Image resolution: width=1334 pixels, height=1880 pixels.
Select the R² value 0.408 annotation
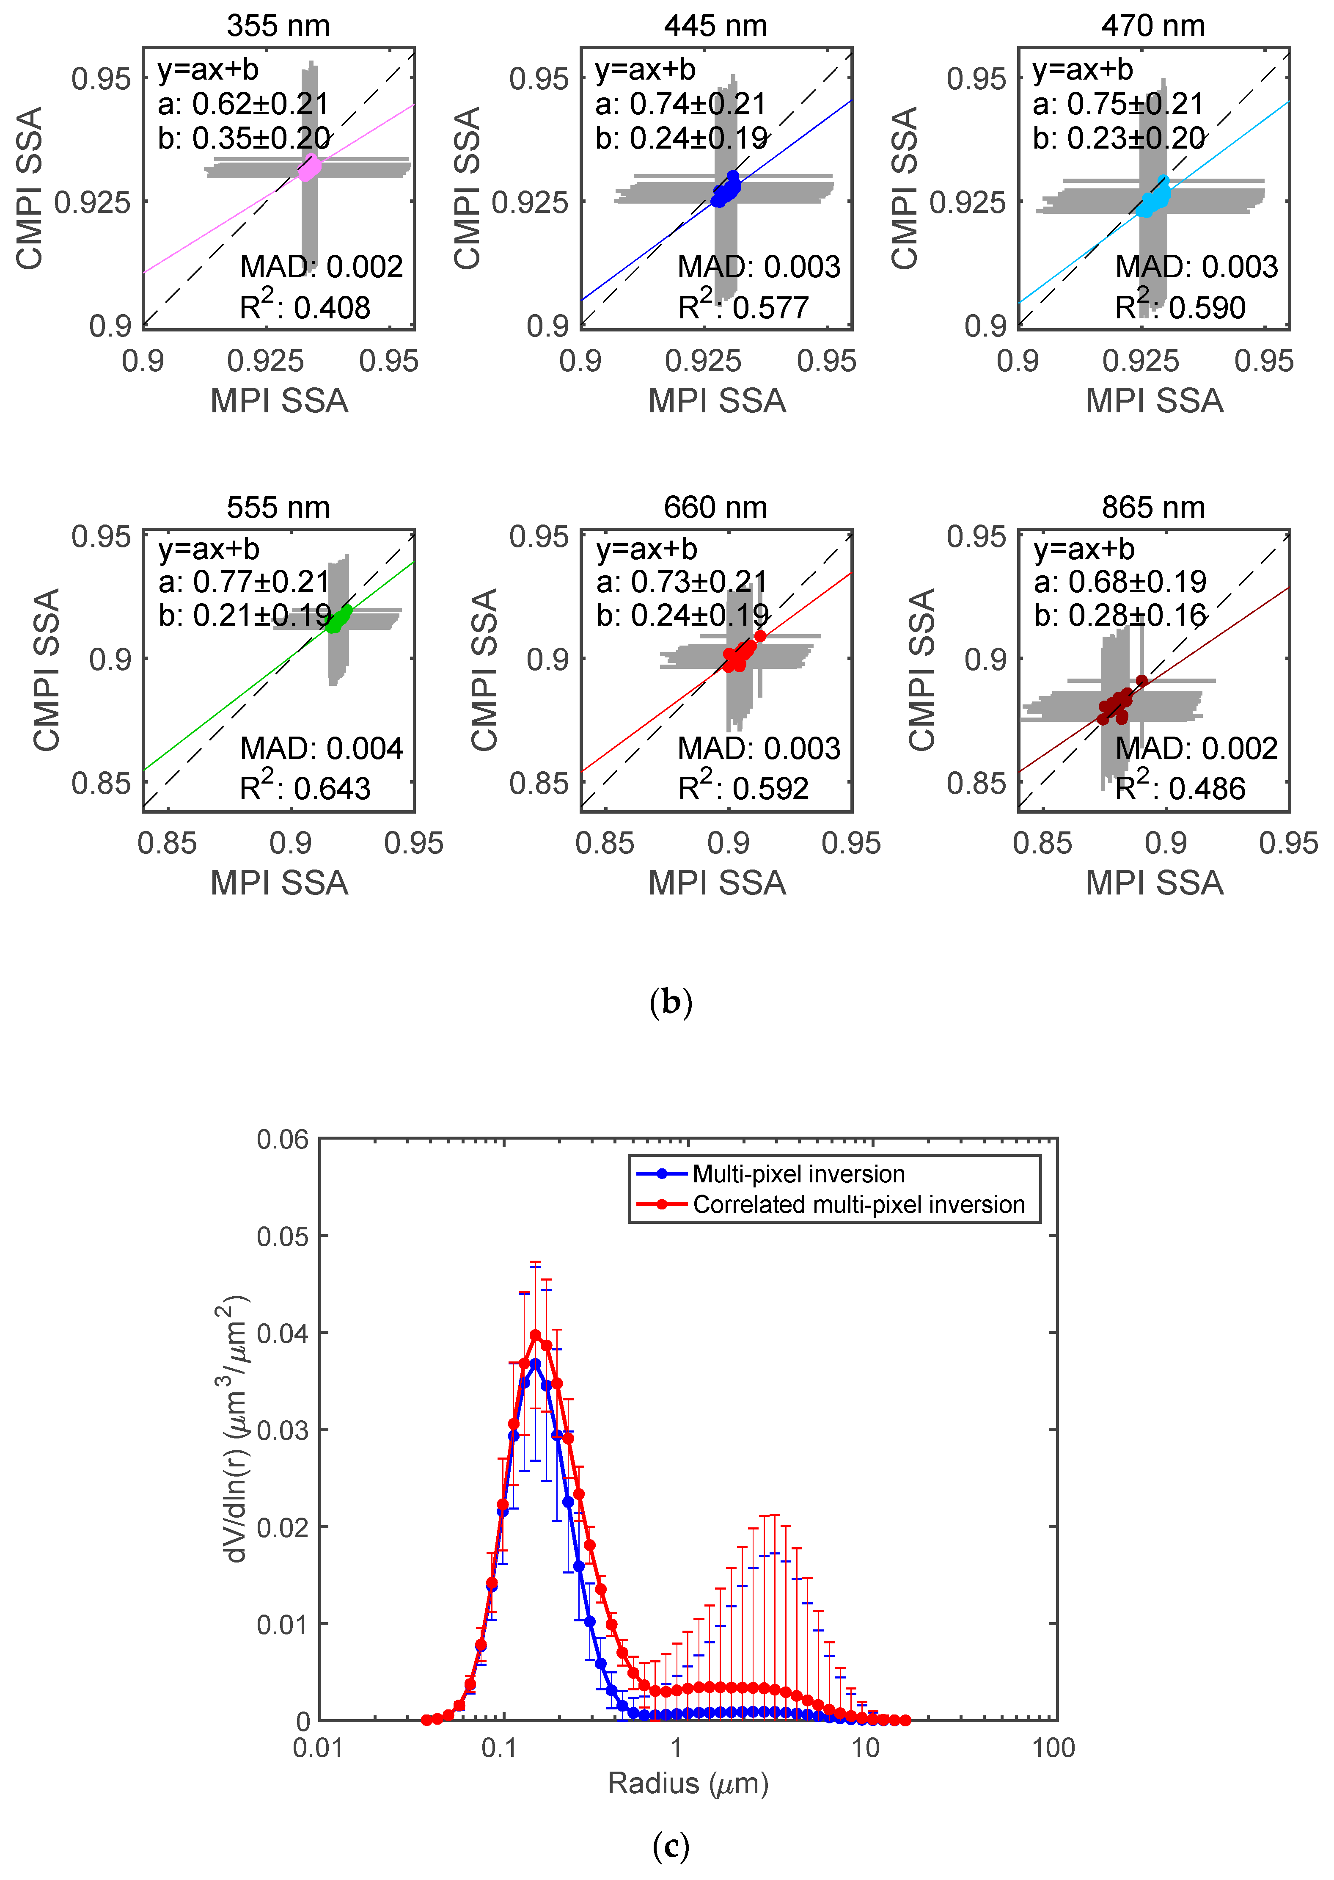coord(305,307)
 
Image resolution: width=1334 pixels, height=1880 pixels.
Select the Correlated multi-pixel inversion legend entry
coord(858,1205)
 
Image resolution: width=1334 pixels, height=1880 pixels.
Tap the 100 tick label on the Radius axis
coord(1053,1747)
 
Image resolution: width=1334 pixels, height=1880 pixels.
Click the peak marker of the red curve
coord(536,1335)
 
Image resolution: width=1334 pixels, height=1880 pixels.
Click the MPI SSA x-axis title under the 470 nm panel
coord(1154,401)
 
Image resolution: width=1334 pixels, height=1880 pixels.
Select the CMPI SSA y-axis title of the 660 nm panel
coord(484,670)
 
